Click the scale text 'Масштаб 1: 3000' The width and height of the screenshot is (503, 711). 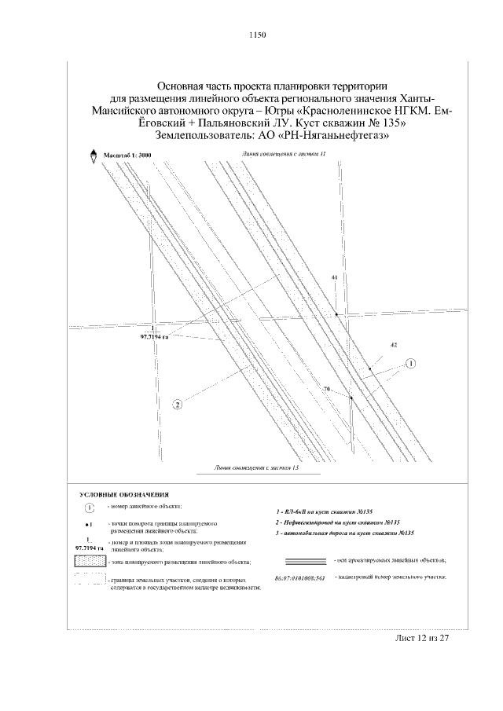coord(128,156)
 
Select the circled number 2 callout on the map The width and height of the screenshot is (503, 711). coord(178,405)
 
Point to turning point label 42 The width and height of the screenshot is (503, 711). coord(393,346)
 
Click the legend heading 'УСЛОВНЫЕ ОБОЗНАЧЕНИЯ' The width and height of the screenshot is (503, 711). coord(125,495)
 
